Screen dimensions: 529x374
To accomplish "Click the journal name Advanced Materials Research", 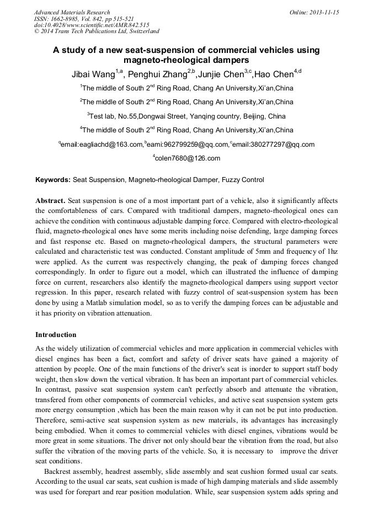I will pyautogui.click(x=72, y=12).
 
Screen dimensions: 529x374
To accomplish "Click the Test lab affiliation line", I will pyautogui.click(x=186, y=116).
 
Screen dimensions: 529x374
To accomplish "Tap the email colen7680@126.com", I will pyautogui.click(x=188, y=158).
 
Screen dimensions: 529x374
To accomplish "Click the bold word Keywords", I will pyautogui.click(x=53, y=180).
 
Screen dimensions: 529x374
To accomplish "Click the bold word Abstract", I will pyautogui.click(x=50, y=200).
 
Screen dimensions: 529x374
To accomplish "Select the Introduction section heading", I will pyautogui.click(x=56, y=335).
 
